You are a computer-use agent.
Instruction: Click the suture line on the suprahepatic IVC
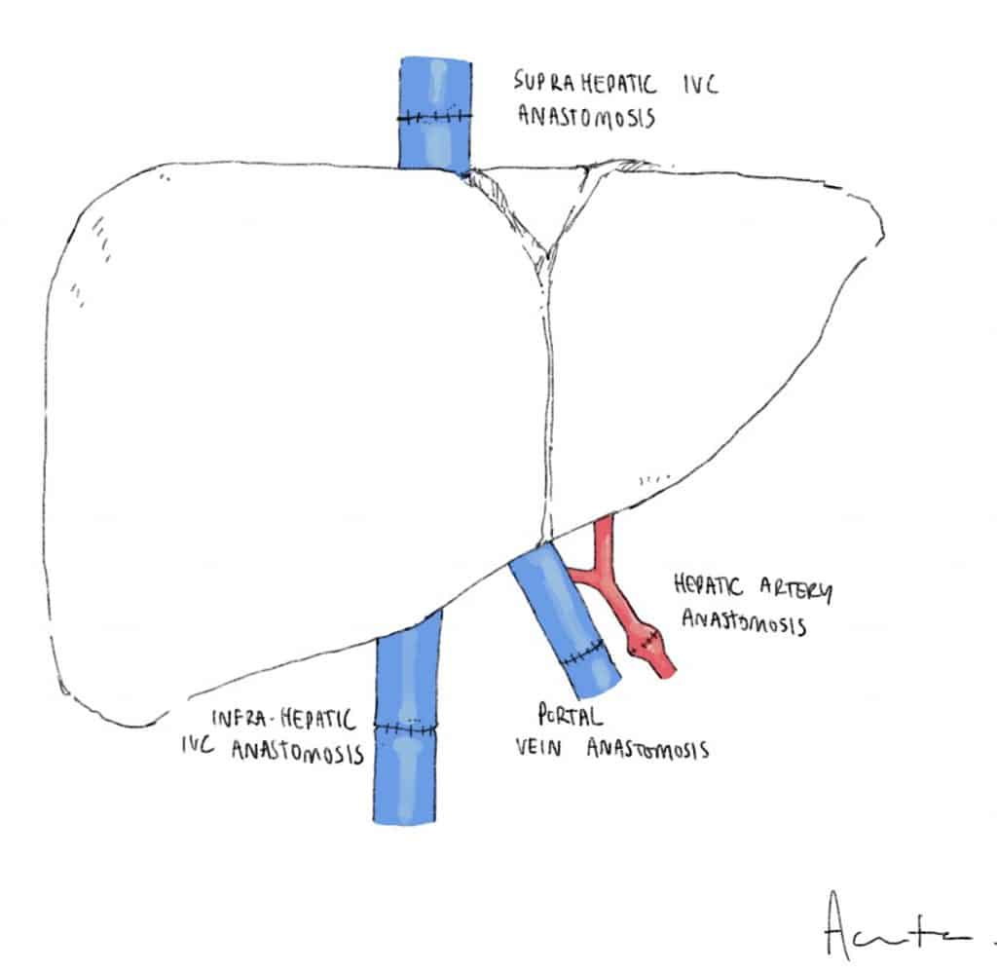tap(434, 118)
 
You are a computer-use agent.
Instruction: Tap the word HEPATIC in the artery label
tap(708, 587)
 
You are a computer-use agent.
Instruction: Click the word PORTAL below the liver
tap(570, 717)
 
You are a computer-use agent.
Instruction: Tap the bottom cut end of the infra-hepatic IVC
tap(406, 819)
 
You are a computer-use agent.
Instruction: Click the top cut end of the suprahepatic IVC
tap(435, 61)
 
